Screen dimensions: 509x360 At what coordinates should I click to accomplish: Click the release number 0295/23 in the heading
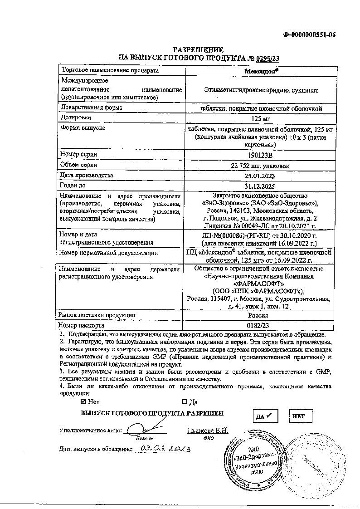[x=268, y=58]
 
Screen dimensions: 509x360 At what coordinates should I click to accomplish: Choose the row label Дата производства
[x=87, y=175]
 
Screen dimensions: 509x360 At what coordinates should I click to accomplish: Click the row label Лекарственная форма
[x=88, y=107]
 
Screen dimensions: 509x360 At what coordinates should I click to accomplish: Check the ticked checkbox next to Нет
[x=83, y=401]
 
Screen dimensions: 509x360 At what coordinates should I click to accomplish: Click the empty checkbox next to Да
[x=184, y=401]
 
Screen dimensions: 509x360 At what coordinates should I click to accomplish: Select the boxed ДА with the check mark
[x=264, y=416]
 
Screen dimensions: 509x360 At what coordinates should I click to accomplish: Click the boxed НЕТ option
[x=299, y=416]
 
